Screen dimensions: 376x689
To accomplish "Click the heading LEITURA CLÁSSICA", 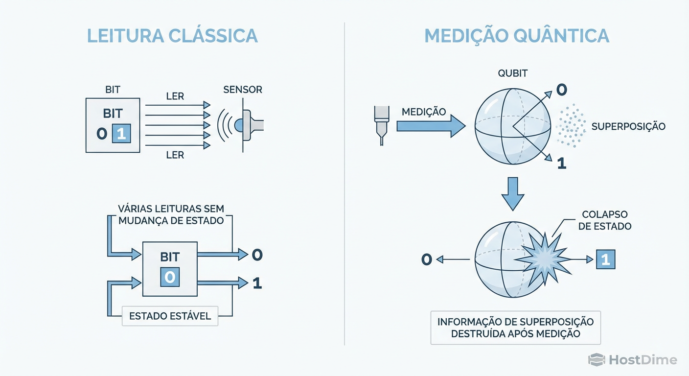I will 172,36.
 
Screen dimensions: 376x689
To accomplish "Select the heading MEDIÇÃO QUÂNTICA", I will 516,36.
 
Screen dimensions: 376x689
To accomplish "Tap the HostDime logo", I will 632,360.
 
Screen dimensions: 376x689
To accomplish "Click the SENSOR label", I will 243,90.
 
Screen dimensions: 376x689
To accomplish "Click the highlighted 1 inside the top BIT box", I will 121,134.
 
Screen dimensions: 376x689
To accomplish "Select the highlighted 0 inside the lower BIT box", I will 169,277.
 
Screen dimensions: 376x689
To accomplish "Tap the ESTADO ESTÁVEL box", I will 170,316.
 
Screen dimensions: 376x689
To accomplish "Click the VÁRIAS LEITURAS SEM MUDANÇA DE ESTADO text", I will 171,214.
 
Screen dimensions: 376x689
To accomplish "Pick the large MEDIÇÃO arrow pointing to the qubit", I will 430,126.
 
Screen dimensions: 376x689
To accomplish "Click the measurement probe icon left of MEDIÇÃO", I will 381,124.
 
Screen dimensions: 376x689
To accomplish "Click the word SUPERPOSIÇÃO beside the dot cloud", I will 628,126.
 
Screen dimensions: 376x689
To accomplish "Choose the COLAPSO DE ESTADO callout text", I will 605,220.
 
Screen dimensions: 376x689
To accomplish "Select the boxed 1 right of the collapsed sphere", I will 605,259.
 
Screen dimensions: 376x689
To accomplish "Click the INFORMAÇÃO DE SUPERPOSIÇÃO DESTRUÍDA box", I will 515,328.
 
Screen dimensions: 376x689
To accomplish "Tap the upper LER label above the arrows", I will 175,96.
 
